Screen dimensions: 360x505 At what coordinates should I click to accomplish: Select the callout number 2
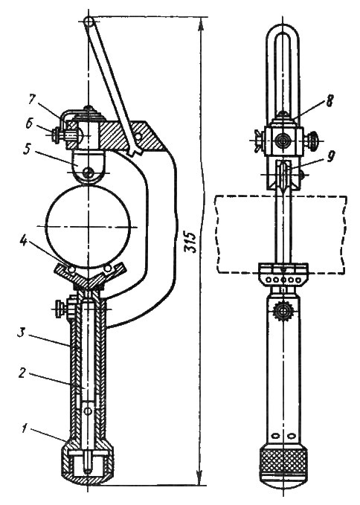[x=23, y=373]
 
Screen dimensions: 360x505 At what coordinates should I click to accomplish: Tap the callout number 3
[x=22, y=334]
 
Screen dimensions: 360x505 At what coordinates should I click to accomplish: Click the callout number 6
[x=30, y=124]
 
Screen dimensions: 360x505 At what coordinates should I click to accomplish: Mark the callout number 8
[x=329, y=100]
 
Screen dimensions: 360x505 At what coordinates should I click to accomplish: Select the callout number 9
[x=330, y=158]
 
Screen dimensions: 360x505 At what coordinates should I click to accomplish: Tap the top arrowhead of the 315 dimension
[x=202, y=24]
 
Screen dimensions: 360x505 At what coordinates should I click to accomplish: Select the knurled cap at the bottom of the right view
[x=283, y=466]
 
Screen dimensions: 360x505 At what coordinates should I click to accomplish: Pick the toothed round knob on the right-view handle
[x=283, y=311]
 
